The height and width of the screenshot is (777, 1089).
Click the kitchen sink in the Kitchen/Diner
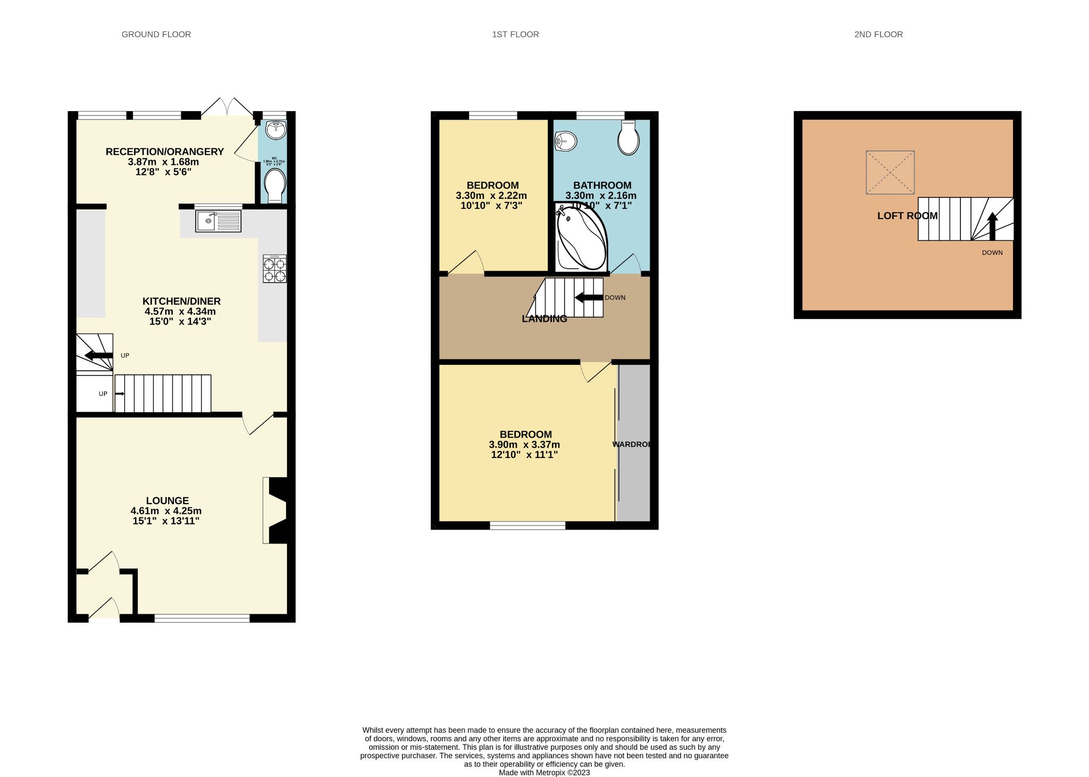(x=218, y=221)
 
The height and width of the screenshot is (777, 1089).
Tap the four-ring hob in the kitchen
(x=274, y=269)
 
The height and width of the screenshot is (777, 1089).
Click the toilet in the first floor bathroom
(x=628, y=138)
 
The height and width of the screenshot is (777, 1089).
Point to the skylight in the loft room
(x=890, y=172)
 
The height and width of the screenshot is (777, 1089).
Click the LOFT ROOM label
(x=907, y=215)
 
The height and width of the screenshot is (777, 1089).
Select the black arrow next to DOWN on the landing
(x=589, y=298)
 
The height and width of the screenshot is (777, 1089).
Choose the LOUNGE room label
(x=167, y=500)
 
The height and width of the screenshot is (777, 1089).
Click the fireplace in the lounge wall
(x=276, y=511)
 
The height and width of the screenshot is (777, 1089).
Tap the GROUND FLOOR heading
(x=156, y=35)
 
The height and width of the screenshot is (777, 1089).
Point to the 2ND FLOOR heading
(x=878, y=35)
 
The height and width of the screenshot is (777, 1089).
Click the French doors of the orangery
(x=227, y=107)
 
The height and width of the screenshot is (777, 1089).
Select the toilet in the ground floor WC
(x=275, y=185)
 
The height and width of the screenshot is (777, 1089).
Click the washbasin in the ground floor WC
(x=275, y=129)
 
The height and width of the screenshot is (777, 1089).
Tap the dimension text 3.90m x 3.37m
(x=524, y=445)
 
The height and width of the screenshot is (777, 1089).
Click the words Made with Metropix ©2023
(x=544, y=772)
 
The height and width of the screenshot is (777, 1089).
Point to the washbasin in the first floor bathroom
(x=566, y=141)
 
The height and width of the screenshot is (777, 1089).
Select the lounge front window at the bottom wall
(x=202, y=618)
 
